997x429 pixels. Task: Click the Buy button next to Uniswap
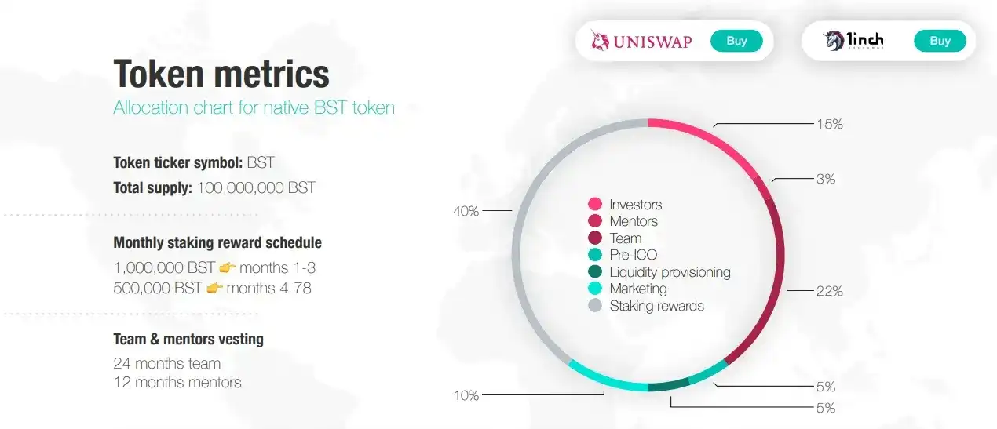coord(736,41)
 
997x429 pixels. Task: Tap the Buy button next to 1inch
coord(940,41)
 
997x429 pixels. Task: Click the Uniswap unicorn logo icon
coord(600,40)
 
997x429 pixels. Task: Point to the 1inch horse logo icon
coord(833,41)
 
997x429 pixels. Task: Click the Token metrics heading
coord(221,74)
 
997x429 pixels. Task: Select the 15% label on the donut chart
coord(830,124)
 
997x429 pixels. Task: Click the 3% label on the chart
coord(826,179)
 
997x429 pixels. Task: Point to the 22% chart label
coord(830,291)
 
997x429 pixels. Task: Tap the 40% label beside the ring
coord(466,211)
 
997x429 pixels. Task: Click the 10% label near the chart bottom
coord(466,395)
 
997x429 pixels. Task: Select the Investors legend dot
coord(595,204)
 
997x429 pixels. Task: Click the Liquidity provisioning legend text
coord(670,272)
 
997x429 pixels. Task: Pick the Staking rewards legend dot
coord(595,305)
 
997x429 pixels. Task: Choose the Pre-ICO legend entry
coord(623,255)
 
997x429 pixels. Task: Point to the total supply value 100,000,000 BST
coord(257,187)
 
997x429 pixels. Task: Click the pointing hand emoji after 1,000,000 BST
coord(227,267)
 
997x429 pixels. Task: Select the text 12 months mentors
coord(177,382)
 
